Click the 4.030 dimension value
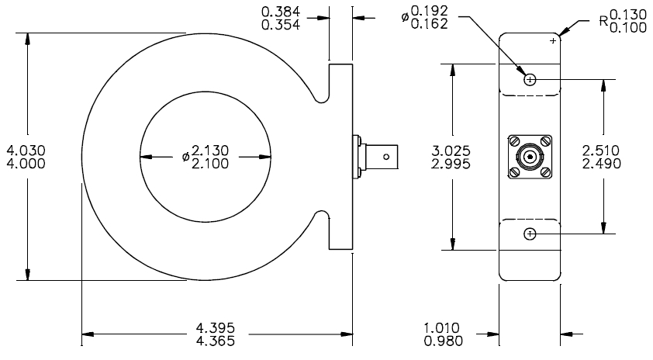coord(26,150)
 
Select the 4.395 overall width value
coord(216,328)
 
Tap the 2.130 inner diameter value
coord(210,150)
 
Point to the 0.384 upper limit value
coord(281,11)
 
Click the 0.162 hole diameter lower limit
coord(430,24)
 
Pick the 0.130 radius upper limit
coord(628,15)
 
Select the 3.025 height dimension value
coord(451,151)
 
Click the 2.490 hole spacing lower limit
coord(601,164)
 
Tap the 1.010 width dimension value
coord(442,328)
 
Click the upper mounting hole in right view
coord(530,79)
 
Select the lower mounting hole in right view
coord(530,234)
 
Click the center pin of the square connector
coord(530,157)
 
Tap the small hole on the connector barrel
coord(386,157)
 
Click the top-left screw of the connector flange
coord(514,142)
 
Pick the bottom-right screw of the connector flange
coord(545,171)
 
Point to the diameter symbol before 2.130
coord(185,157)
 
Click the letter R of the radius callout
coord(604,21)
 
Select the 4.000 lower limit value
coord(26,164)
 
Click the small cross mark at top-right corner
coord(553,41)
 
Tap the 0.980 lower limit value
coord(443,341)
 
